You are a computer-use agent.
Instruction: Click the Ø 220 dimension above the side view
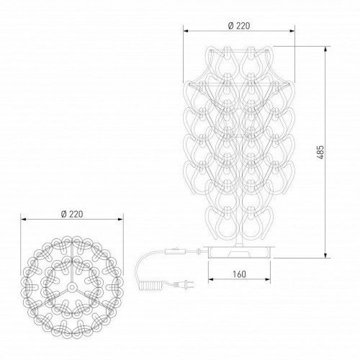(238, 25)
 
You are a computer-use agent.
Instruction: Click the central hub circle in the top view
(71, 286)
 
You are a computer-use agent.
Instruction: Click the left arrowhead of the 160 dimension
(209, 282)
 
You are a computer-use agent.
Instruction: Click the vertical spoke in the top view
(71, 270)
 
